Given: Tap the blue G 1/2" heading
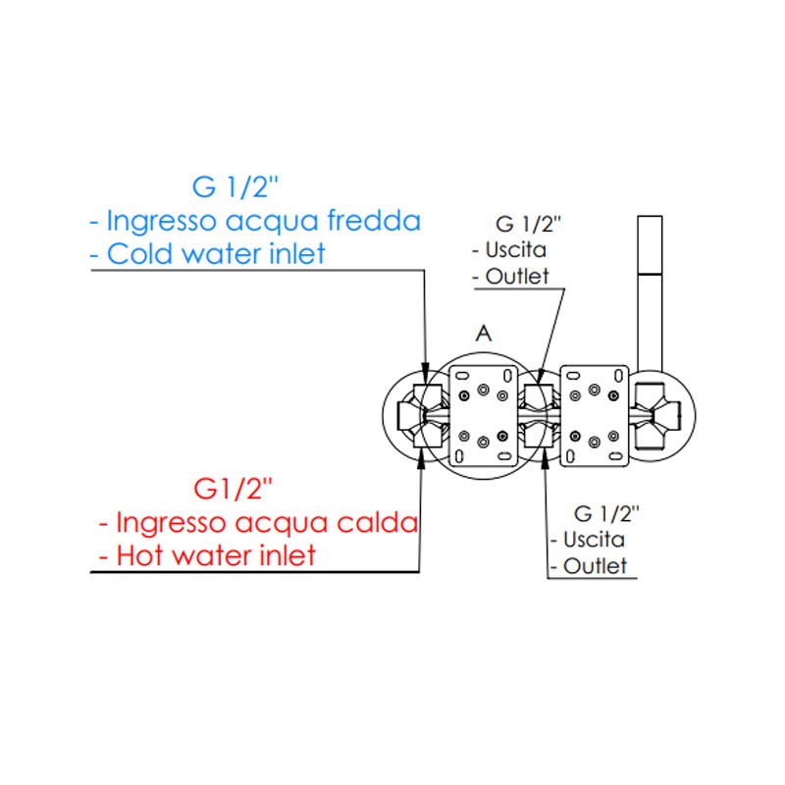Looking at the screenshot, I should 235,184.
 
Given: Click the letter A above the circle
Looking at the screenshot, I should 482,334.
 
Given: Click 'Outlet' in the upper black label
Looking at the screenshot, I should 516,277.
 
